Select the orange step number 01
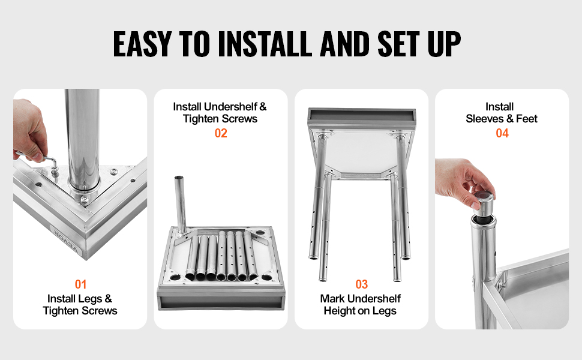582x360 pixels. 80,284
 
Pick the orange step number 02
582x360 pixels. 221,133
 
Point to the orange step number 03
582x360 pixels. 362,284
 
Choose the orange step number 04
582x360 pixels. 502,133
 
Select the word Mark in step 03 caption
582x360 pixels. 332,298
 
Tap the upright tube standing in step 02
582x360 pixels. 181,204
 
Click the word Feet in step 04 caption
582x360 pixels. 526,119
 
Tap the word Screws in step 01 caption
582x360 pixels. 99,311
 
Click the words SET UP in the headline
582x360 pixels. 419,44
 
